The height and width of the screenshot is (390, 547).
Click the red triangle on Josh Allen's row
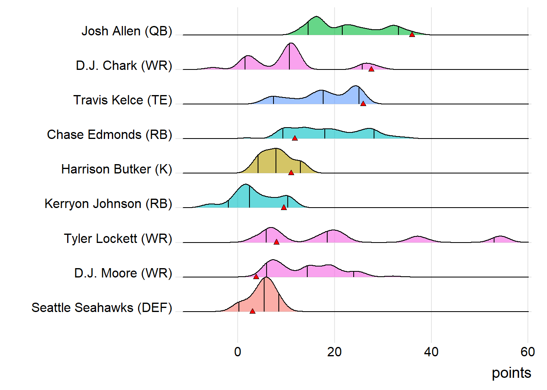click(x=412, y=35)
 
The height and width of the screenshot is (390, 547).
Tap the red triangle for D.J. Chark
click(x=371, y=69)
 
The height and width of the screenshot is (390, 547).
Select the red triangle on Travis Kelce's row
click(x=363, y=104)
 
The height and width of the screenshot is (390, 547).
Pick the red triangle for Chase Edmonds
click(x=295, y=138)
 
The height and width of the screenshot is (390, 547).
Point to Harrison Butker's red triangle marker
click(x=291, y=173)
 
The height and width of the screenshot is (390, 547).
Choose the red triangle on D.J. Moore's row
click(x=256, y=277)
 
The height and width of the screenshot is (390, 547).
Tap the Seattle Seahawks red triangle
click(x=252, y=311)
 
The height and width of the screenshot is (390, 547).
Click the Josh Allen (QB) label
click(x=127, y=31)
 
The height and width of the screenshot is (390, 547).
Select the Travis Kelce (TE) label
click(x=123, y=100)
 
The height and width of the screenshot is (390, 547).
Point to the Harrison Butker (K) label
click(x=116, y=169)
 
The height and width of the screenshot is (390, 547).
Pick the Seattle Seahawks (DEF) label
click(x=102, y=308)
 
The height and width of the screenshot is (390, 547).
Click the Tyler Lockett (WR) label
click(x=118, y=238)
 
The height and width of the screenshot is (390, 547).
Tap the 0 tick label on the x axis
click(x=238, y=352)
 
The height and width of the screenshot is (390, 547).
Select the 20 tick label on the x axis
click(x=334, y=352)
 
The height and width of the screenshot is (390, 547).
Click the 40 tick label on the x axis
click(x=431, y=352)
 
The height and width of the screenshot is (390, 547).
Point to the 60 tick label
click(x=527, y=352)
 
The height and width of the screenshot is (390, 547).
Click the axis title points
click(x=511, y=373)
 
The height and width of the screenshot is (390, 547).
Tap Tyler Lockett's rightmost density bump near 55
click(x=501, y=239)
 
